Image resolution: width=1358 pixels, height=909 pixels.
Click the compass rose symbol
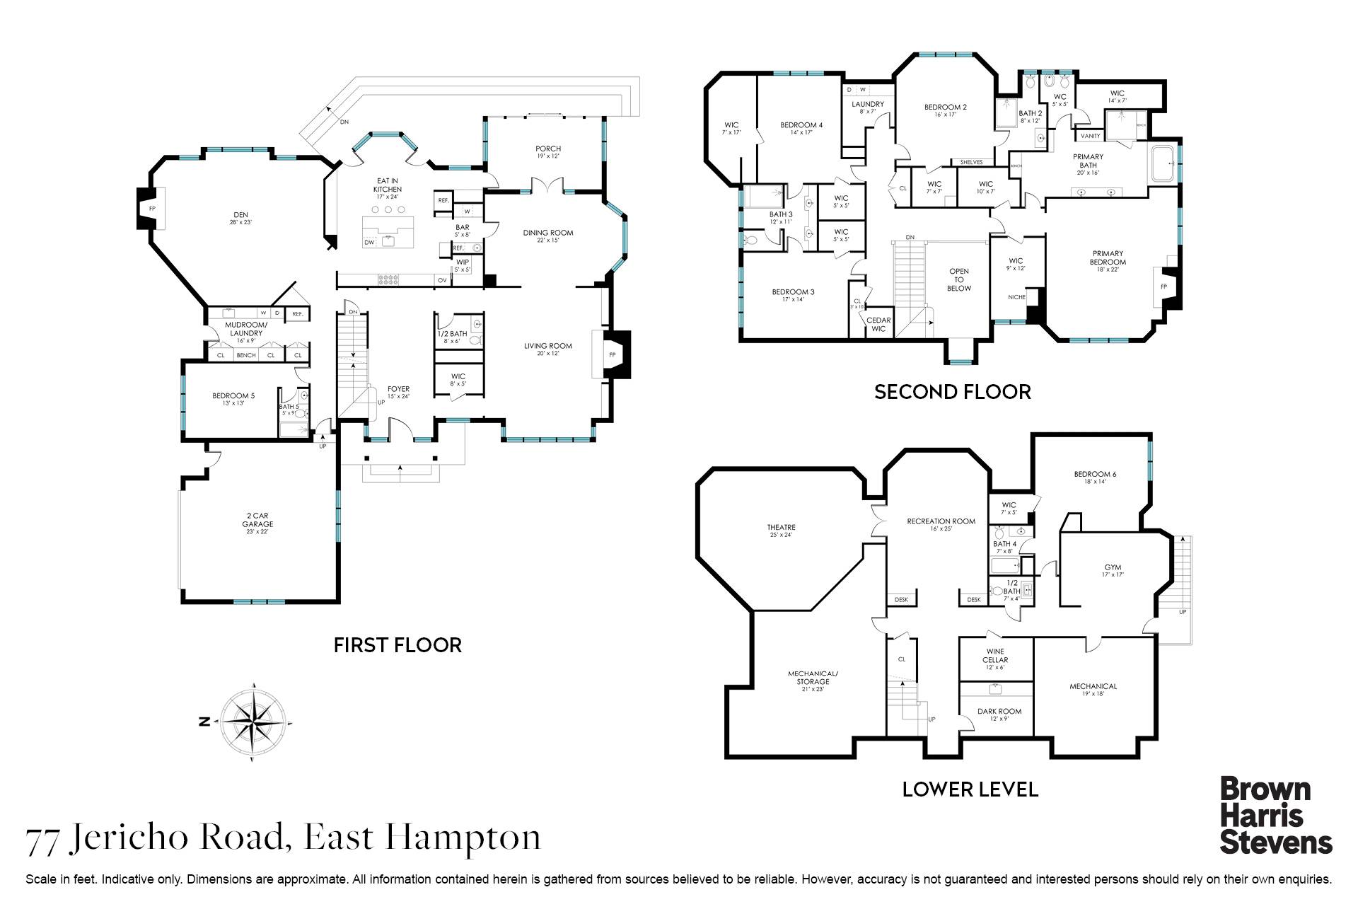pyautogui.click(x=253, y=722)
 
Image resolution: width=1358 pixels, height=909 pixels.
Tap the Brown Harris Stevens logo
pyautogui.click(x=1276, y=816)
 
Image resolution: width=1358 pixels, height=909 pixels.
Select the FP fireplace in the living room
pyautogui.click(x=612, y=354)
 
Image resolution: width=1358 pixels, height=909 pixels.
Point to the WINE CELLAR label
pyautogui.click(x=994, y=656)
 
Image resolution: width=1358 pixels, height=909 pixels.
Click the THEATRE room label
pyautogui.click(x=781, y=528)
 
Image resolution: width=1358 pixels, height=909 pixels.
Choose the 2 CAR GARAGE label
pyautogui.click(x=257, y=520)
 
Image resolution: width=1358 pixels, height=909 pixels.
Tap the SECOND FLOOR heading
pyautogui.click(x=952, y=392)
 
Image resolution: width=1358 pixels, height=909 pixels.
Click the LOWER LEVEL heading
pyautogui.click(x=970, y=789)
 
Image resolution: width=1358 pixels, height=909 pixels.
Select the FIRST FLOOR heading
pyautogui.click(x=397, y=645)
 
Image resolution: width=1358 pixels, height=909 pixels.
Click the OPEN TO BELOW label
pyautogui.click(x=958, y=279)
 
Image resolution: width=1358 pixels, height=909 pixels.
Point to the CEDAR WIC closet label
pyautogui.click(x=878, y=324)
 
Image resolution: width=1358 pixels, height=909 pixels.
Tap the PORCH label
pyautogui.click(x=547, y=149)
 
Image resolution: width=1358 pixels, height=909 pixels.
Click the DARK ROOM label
pyautogui.click(x=999, y=712)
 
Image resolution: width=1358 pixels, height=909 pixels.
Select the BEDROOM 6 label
pyautogui.click(x=1094, y=474)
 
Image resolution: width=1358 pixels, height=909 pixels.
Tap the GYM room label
pyautogui.click(x=1113, y=567)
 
